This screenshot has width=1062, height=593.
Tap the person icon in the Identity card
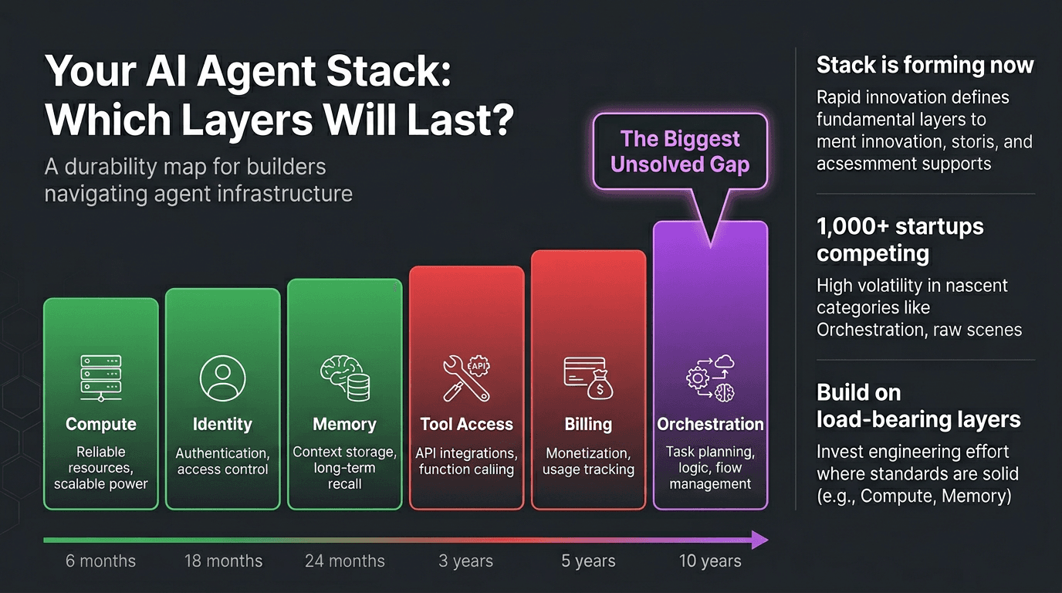(222, 378)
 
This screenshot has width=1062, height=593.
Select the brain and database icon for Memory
(345, 378)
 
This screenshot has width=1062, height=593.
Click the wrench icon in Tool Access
(465, 379)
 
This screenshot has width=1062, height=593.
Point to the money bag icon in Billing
(600, 386)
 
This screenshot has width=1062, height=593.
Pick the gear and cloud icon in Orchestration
(710, 378)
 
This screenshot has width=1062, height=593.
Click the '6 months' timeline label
(100, 561)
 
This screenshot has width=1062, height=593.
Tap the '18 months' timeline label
(223, 561)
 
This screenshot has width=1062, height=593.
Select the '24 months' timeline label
(345, 561)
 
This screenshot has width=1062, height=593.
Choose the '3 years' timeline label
(465, 561)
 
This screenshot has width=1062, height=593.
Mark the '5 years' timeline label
(588, 561)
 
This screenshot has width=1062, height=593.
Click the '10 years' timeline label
(710, 561)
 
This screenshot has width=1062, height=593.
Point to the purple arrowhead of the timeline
(760, 540)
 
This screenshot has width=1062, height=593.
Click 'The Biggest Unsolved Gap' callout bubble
(680, 151)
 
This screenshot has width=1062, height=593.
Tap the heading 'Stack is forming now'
(925, 66)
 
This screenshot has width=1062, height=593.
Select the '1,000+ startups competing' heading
(900, 239)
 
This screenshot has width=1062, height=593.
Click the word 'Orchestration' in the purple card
(710, 424)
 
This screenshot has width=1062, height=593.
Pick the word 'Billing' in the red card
(588, 424)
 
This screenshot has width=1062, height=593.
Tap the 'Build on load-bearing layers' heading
(918, 405)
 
